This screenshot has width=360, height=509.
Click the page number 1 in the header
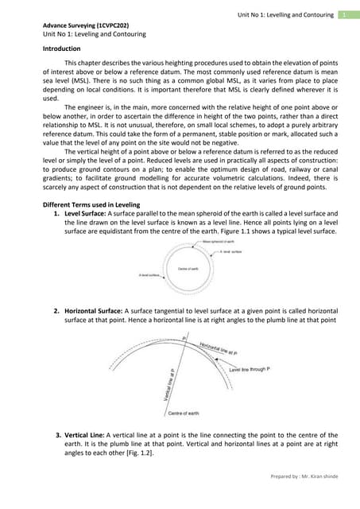343,15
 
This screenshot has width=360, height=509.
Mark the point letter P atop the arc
184,339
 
